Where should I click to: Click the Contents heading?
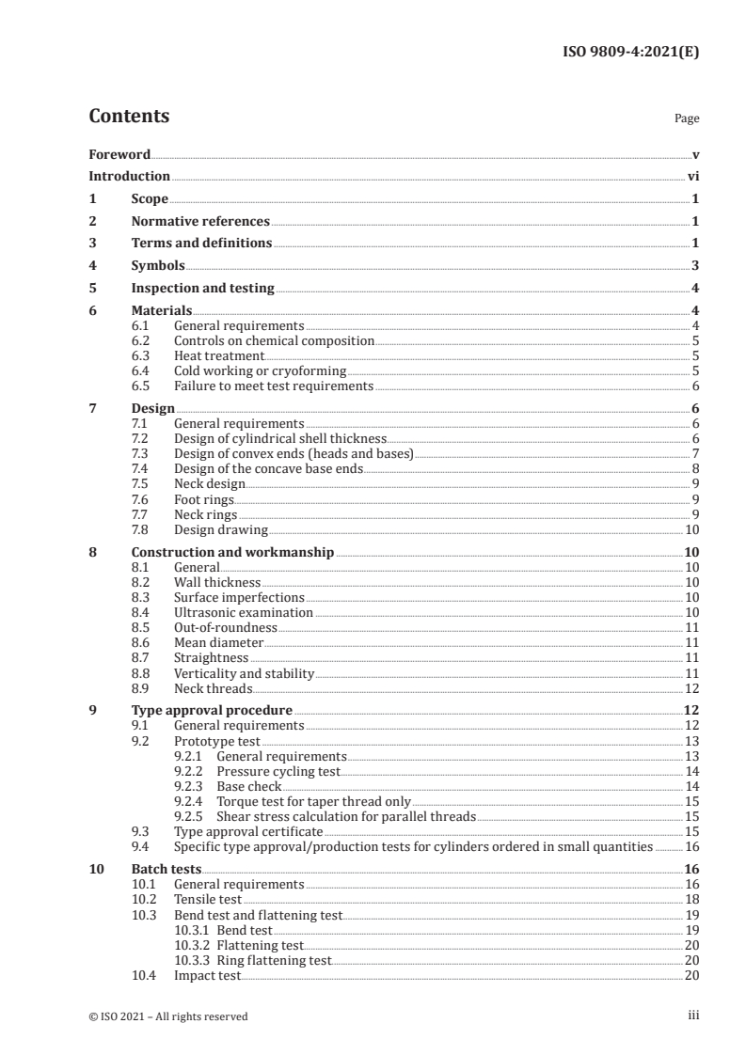[129, 117]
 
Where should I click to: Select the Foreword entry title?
[119, 154]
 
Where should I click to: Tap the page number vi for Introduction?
[692, 176]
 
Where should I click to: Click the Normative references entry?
[200, 222]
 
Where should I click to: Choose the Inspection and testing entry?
[202, 289]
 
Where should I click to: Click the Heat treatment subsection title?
[219, 356]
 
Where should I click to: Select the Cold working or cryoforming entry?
[260, 371]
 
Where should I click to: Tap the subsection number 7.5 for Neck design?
[140, 484]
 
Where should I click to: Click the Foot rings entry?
[204, 499]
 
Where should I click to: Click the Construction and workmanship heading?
[232, 553]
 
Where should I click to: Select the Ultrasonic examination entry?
[244, 613]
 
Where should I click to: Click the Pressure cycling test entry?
[278, 771]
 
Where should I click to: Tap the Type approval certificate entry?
[248, 831]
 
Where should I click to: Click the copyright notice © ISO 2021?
[168, 1016]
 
